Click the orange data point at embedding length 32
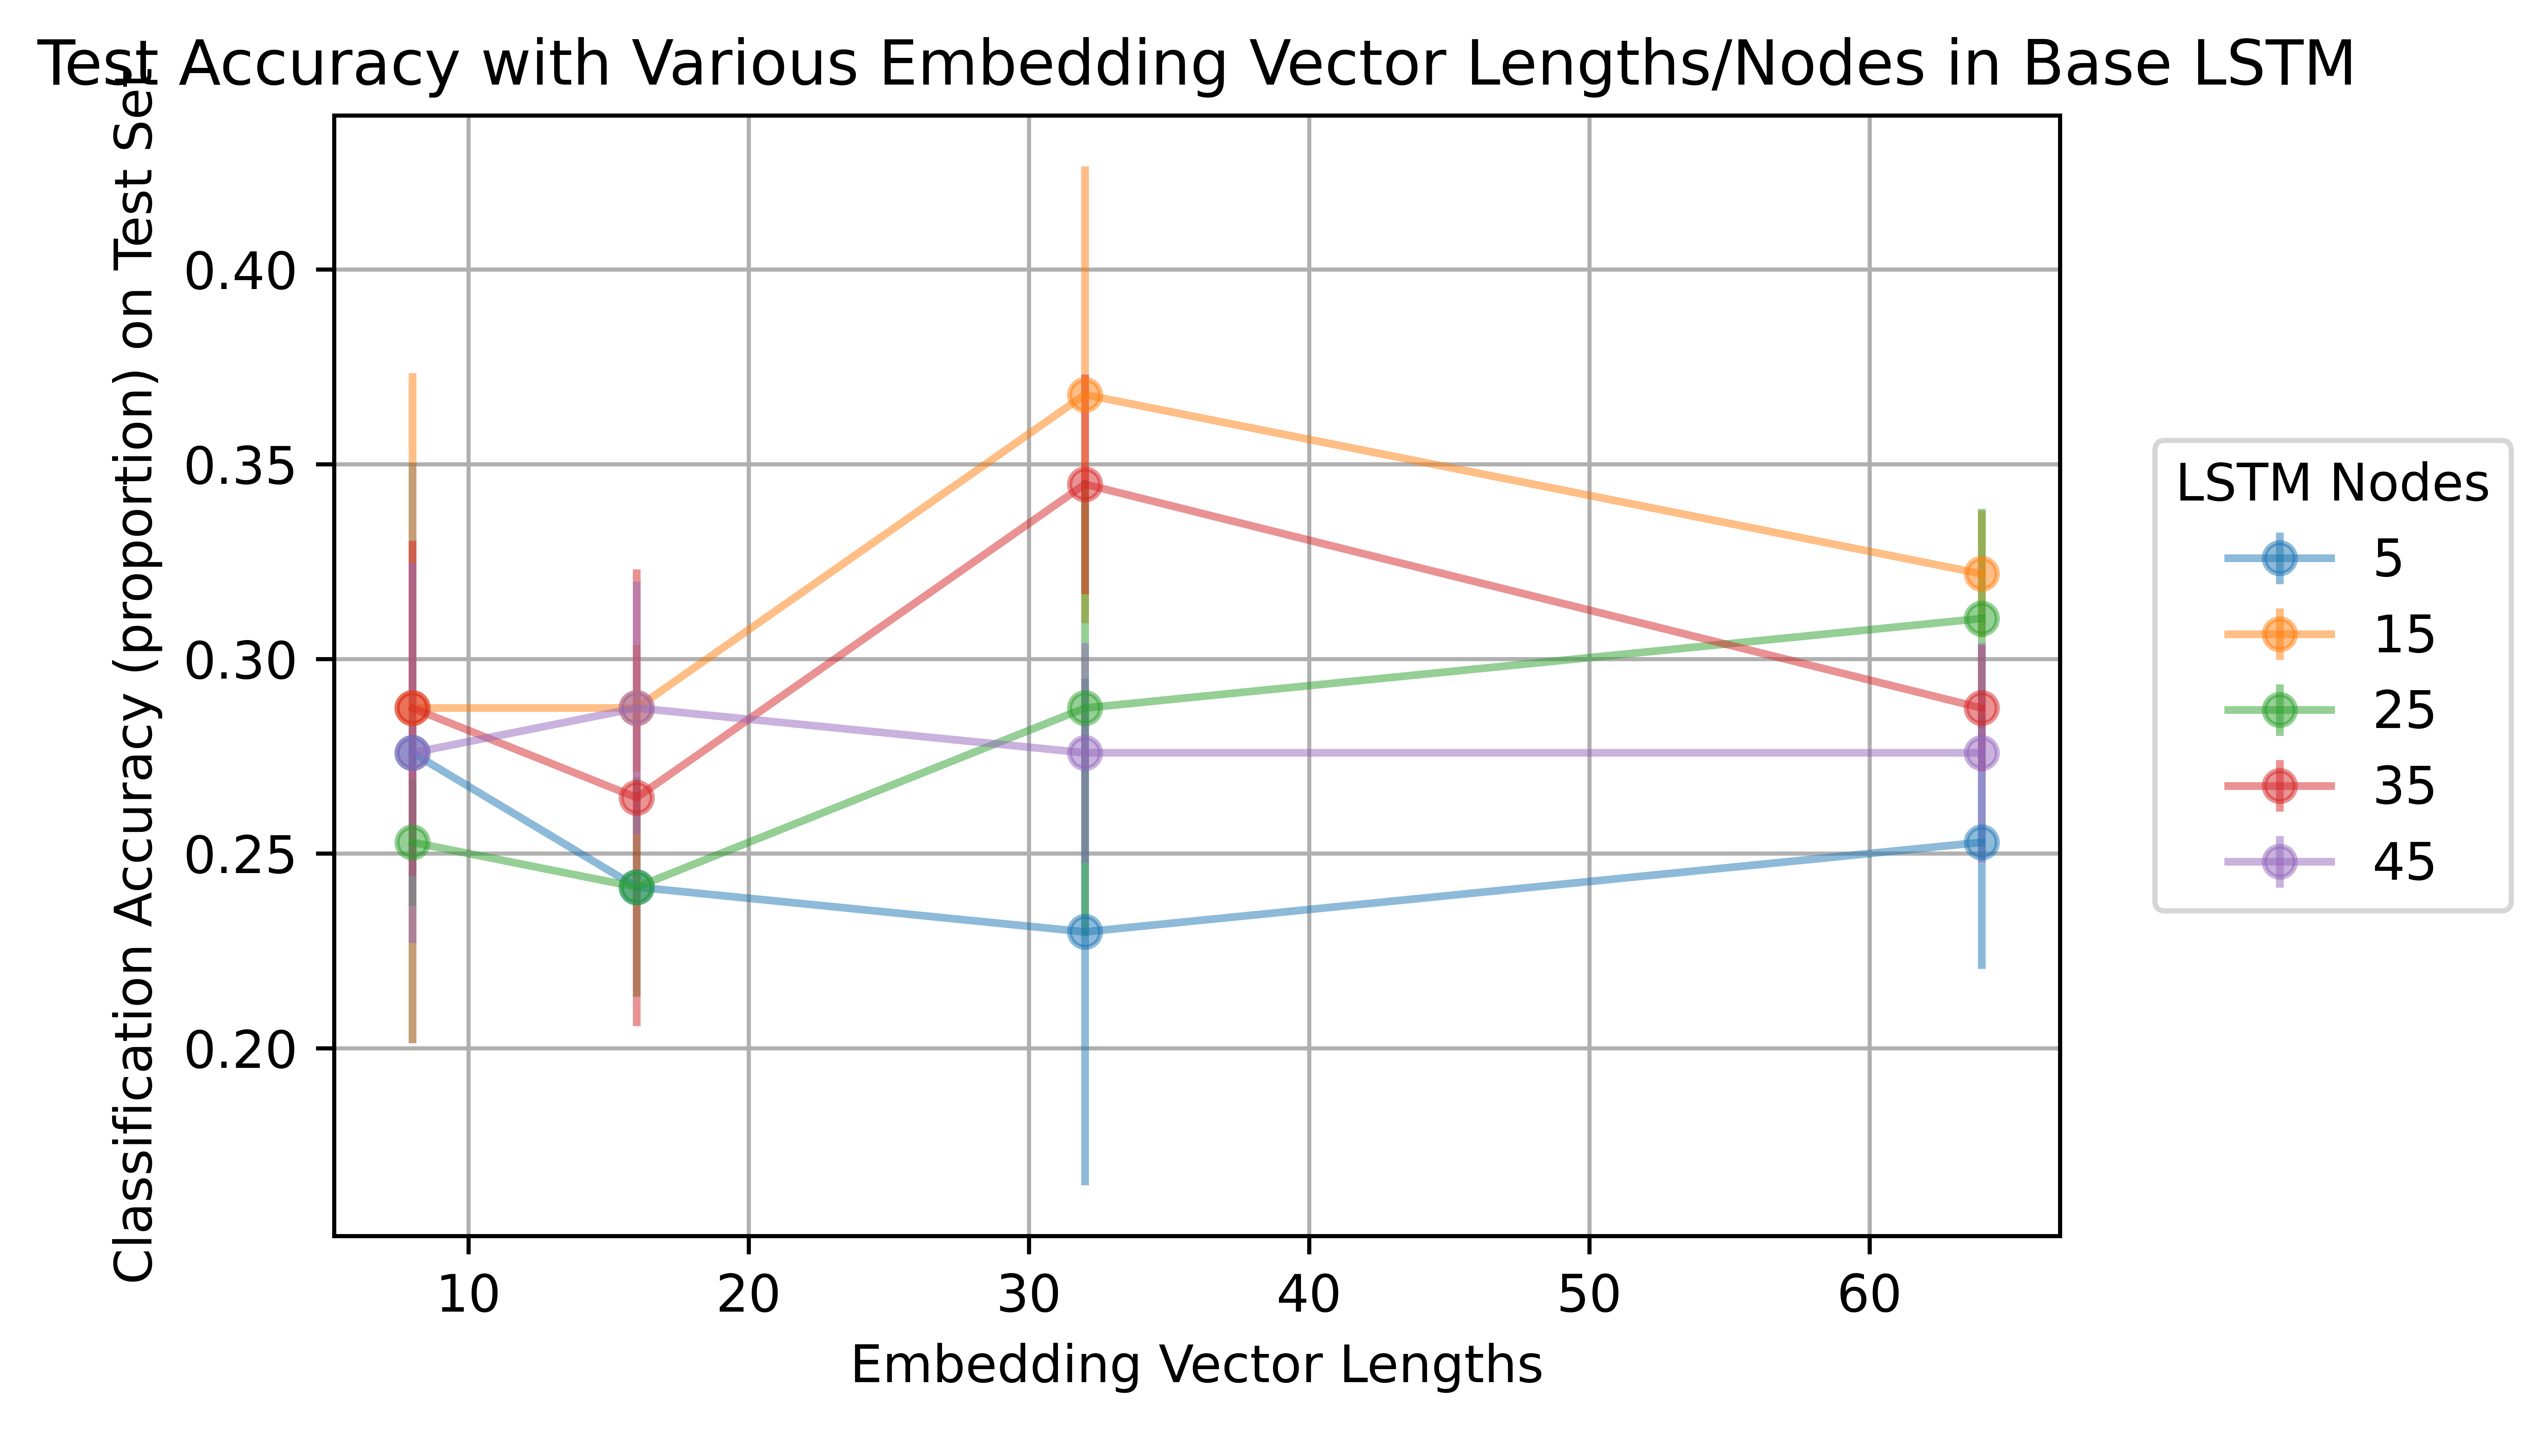tap(1085, 394)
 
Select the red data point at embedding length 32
tap(1085, 483)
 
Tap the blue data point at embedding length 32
tap(1085, 932)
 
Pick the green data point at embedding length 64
tap(1981, 619)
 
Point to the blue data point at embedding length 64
tap(1981, 843)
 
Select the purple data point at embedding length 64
tap(1981, 752)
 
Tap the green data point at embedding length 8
tap(412, 843)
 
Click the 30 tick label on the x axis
tap(1029, 1295)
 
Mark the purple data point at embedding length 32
tap(1085, 752)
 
